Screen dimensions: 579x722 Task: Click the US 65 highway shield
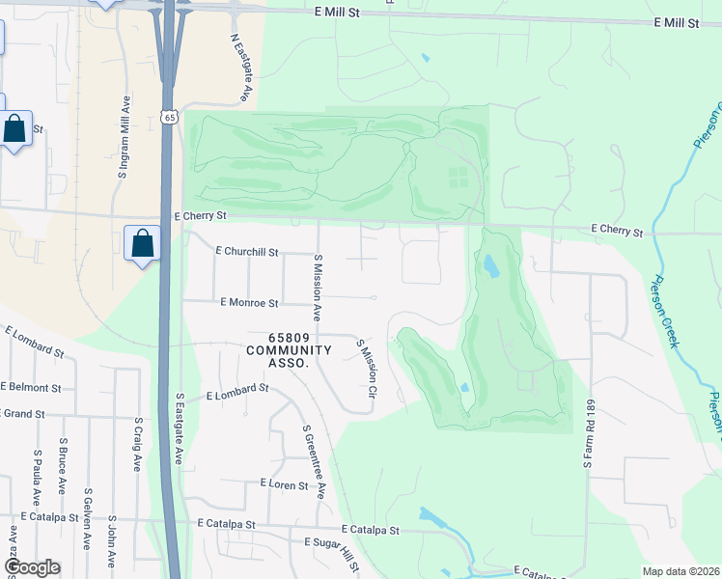point(169,117)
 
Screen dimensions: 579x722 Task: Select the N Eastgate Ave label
point(240,69)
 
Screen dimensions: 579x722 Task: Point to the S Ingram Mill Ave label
point(124,138)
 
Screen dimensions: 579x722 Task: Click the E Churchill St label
point(246,251)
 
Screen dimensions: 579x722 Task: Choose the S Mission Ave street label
point(316,288)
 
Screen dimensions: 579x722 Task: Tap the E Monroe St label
point(249,302)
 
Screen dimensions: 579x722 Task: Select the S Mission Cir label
point(365,369)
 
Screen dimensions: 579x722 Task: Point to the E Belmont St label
point(31,387)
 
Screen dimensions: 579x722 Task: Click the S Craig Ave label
point(138,445)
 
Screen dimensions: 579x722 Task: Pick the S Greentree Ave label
point(314,462)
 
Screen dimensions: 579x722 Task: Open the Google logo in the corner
point(32,567)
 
